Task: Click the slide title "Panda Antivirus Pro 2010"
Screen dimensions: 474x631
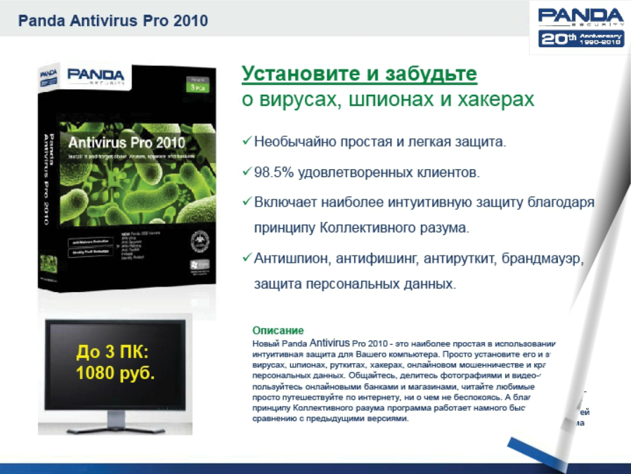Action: pos(113,20)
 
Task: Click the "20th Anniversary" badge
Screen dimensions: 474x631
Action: pos(581,39)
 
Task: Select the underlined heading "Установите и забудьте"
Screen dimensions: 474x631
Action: pos(359,74)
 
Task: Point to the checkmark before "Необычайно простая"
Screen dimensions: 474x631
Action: pos(247,141)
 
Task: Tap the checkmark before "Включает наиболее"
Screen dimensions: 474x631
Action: pos(247,202)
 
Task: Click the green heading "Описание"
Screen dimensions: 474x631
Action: pos(278,330)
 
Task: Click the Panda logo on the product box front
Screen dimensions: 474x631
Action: pos(96,75)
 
